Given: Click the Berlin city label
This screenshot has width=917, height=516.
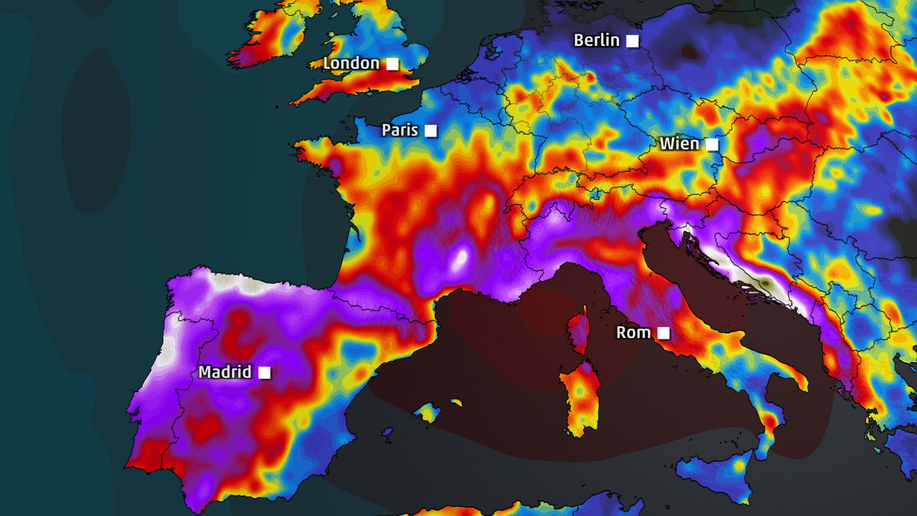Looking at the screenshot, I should point(597,41).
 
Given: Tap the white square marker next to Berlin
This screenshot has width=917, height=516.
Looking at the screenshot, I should point(632,41).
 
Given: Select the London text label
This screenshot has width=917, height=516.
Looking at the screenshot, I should point(351,64).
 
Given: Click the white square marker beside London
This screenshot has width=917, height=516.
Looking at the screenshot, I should point(392,64).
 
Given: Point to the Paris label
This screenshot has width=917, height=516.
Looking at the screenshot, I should point(400,130).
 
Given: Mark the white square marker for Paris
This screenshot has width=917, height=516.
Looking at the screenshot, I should point(431,131).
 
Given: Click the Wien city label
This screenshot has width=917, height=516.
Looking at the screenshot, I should point(679,144).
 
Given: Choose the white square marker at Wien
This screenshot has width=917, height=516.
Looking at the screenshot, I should point(712,144).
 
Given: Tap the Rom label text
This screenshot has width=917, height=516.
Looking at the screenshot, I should point(633,333).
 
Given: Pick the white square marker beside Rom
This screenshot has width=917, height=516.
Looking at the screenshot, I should point(663,333).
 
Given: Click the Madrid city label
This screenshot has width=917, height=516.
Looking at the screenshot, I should point(224,372).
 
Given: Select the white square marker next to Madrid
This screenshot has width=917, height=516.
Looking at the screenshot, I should point(264,373).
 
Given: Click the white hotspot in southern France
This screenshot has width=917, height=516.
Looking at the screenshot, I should point(461,258).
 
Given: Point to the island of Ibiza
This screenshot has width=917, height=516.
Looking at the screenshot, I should point(387,433).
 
